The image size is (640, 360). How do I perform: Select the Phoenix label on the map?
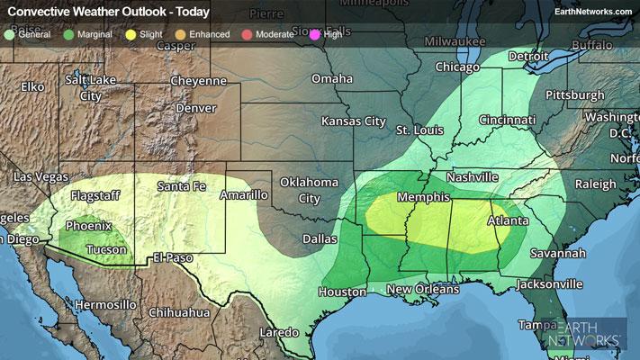[88, 226]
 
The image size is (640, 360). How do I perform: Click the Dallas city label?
[320, 239]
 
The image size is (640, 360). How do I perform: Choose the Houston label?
[341, 292]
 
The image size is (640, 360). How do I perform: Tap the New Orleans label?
[422, 289]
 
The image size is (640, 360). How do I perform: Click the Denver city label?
[196, 108]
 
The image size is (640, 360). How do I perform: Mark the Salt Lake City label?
[89, 88]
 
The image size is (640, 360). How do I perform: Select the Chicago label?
[458, 67]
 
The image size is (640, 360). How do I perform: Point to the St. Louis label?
[420, 131]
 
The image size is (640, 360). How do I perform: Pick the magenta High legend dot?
[315, 34]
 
